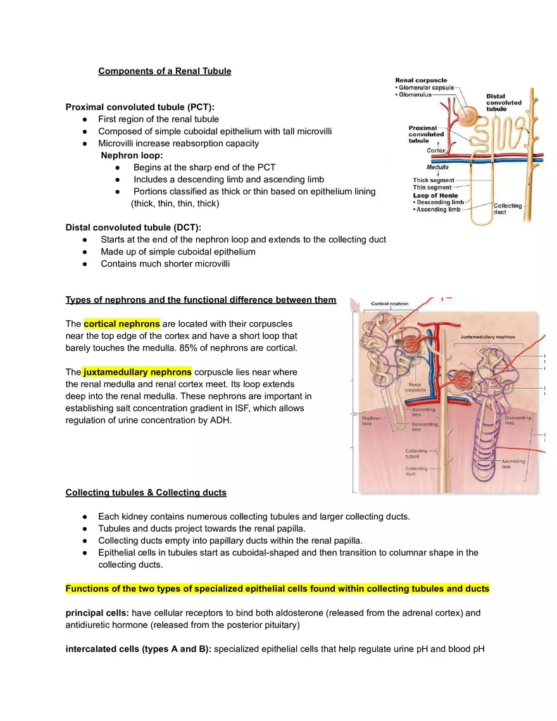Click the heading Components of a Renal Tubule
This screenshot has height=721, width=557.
tap(165, 71)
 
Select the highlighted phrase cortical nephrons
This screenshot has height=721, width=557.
tap(122, 323)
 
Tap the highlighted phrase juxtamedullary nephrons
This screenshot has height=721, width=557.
tap(137, 372)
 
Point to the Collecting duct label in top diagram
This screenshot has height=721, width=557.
tap(508, 209)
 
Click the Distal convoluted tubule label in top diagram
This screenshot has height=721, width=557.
tap(504, 103)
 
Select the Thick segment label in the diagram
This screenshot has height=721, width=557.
tap(433, 180)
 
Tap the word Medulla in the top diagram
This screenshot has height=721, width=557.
tap(437, 167)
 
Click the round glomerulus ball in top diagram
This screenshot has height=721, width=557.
tap(469, 115)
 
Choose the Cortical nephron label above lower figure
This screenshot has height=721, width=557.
tap(390, 304)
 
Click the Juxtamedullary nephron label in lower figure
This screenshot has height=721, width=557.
tap(487, 337)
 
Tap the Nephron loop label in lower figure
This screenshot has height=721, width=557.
tap(371, 421)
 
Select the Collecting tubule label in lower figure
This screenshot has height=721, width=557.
tap(416, 454)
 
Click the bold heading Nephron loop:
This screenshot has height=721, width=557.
tap(132, 155)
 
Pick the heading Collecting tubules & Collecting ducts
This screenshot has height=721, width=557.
tap(146, 492)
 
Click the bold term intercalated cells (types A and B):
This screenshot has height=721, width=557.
tap(139, 648)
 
